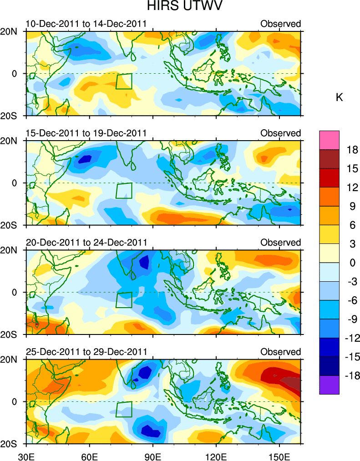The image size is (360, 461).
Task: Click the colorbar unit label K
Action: [339, 97]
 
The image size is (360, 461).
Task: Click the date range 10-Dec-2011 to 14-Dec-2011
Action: [86, 24]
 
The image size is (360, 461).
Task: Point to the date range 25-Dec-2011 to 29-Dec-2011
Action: [86, 352]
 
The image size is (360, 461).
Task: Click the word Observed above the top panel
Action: [280, 24]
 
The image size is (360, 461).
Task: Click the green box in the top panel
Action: [124, 81]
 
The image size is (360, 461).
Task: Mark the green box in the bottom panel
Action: [124, 409]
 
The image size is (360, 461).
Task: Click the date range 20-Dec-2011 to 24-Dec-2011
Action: [86, 243]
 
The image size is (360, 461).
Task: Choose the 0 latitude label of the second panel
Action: [18, 183]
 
